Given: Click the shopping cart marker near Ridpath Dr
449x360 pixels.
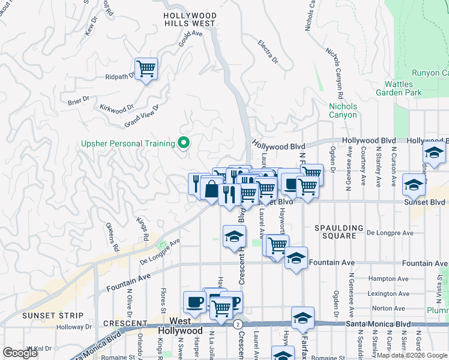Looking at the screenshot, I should click(146, 70).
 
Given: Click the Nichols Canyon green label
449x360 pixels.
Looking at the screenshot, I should click(343, 110).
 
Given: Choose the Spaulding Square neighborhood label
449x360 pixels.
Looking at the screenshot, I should click(340, 233).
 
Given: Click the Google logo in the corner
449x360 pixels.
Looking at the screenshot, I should click(20, 353).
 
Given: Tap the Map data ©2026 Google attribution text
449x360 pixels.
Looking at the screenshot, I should click(412, 355).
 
